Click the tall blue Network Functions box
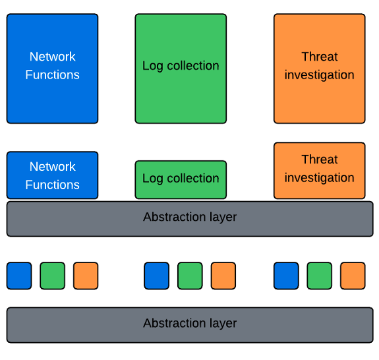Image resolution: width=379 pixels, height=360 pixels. click(52, 69)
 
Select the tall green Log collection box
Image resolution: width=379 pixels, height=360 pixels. click(181, 69)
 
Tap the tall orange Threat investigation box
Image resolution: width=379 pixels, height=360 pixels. click(319, 69)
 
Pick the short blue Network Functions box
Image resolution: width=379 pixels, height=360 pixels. click(52, 175)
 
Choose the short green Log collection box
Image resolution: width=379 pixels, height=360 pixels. click(181, 179)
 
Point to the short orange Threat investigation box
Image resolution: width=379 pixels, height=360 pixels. click(319, 170)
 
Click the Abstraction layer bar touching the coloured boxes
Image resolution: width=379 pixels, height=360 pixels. click(190, 218)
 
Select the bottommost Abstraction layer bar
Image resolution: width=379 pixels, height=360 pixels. click(190, 324)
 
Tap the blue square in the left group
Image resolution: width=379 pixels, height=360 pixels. click(19, 276)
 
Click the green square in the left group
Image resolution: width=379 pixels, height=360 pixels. click(53, 276)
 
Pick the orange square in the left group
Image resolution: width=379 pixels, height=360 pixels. click(86, 276)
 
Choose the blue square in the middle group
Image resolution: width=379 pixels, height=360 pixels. click(156, 276)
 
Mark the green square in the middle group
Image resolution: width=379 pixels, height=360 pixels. click(190, 276)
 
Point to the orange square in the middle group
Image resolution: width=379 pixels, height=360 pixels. click(223, 276)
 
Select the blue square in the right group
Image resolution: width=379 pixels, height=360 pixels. click(286, 276)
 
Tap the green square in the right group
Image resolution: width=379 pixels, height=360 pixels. click(320, 276)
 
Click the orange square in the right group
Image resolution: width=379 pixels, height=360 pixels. click(353, 276)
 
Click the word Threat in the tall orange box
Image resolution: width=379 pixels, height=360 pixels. click(319, 57)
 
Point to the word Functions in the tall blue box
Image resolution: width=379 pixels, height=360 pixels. click(52, 75)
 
